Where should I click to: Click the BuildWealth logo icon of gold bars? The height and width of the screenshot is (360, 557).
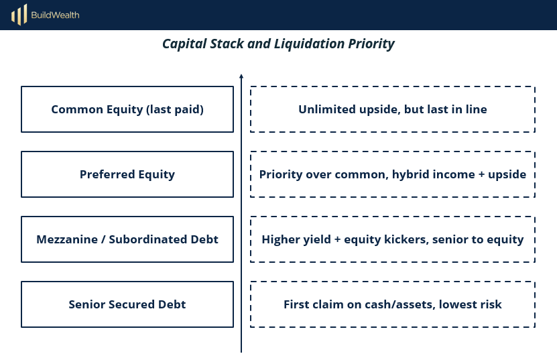coord(19,15)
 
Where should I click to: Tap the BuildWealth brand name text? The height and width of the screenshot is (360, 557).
coord(56,15)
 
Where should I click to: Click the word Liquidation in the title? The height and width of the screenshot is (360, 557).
coord(310,44)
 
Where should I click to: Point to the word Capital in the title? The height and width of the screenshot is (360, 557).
coord(184,44)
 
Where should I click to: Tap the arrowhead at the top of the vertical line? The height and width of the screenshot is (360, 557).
coord(241,76)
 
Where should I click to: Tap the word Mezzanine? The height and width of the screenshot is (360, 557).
coord(67,239)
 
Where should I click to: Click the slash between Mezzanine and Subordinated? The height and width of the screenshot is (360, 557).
coord(103,239)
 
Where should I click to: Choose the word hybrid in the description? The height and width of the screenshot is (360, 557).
coord(412,174)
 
